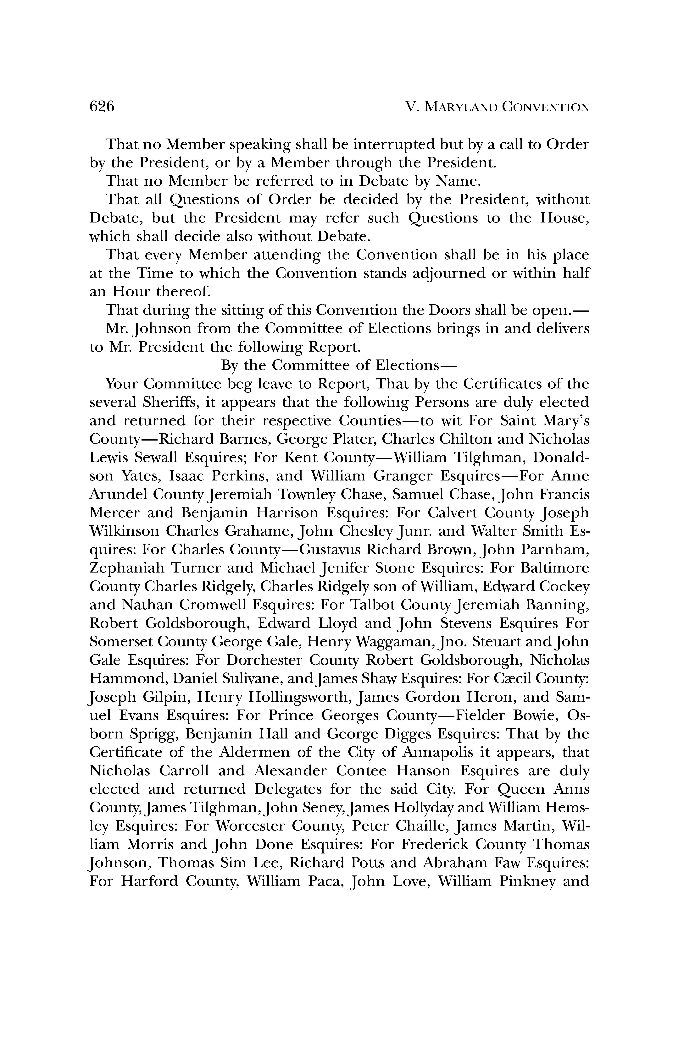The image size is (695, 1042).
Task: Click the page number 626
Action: point(102,107)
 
